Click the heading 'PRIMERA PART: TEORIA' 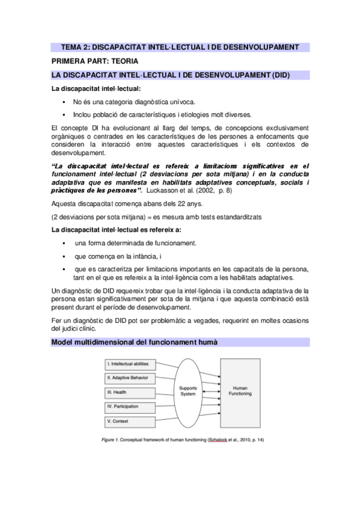(95, 61)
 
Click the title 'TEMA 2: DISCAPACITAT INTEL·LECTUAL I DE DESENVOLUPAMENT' (180, 48)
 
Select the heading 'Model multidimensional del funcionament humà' (135, 342)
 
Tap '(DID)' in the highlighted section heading (280, 75)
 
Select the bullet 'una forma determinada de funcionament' (135, 243)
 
